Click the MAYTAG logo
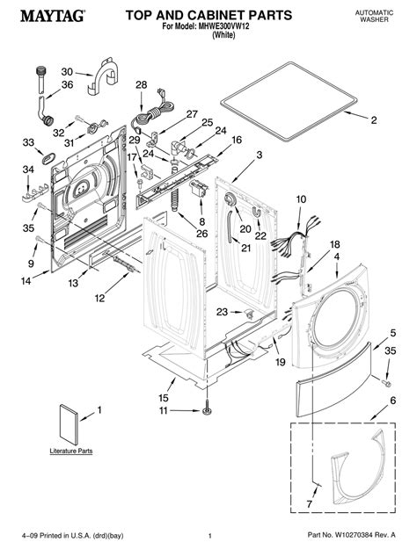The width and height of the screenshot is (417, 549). (x=43, y=16)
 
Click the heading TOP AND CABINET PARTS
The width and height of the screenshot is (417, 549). (x=204, y=15)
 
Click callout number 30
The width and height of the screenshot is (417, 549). (x=67, y=72)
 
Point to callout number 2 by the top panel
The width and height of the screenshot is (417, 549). (x=373, y=119)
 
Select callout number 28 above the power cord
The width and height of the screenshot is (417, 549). (x=141, y=84)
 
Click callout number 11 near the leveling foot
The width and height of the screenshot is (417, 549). (x=163, y=410)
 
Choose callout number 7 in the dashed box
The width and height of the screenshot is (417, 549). (x=309, y=503)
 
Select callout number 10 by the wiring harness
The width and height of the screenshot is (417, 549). (x=301, y=200)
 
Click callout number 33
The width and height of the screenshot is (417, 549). (x=28, y=142)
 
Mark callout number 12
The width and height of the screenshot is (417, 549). (x=99, y=299)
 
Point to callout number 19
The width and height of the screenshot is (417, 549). (x=280, y=362)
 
